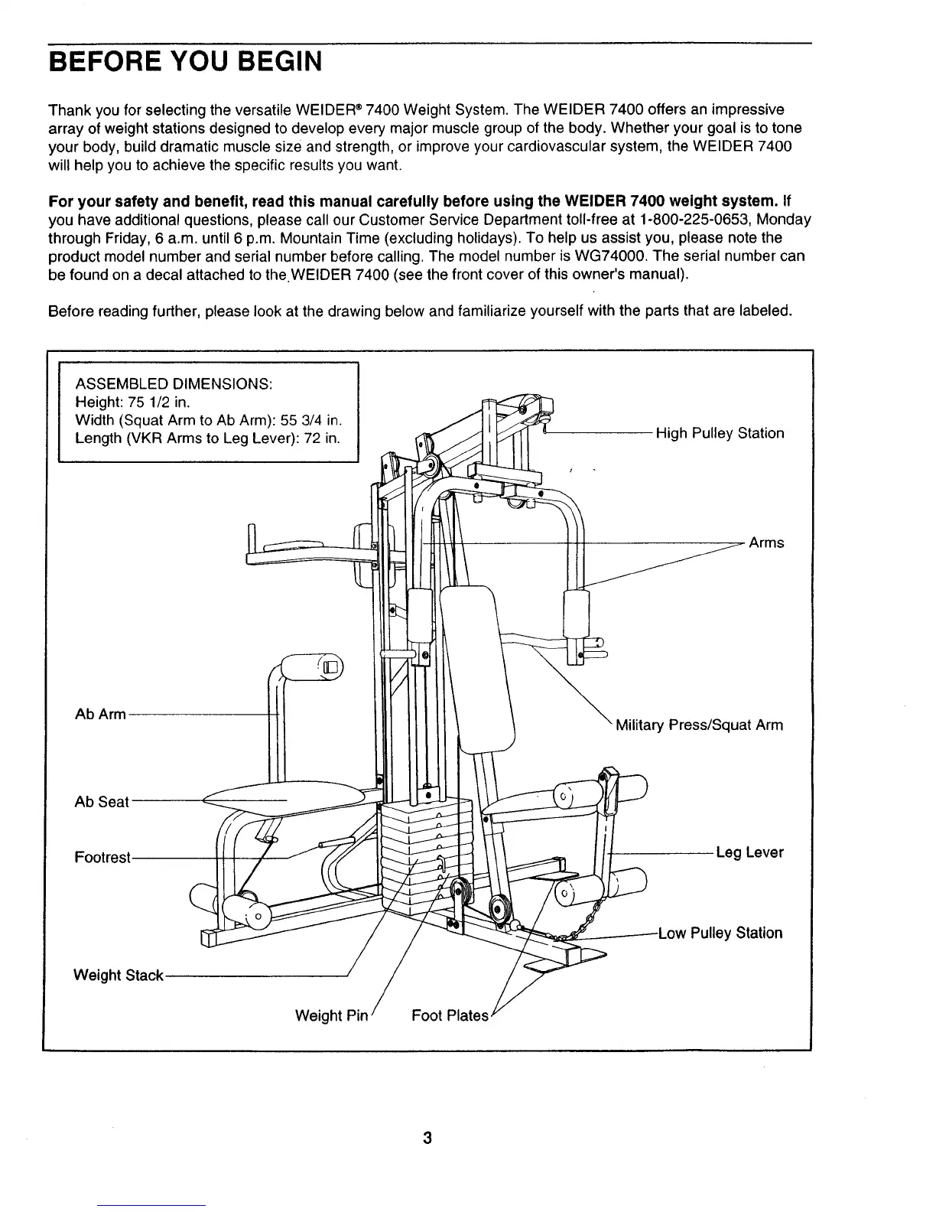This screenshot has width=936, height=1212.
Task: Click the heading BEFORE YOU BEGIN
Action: [x=184, y=60]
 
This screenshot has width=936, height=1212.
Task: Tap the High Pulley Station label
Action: [x=720, y=434]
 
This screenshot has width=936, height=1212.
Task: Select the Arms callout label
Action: [x=766, y=543]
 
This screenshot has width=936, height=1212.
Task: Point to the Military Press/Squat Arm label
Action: [x=699, y=725]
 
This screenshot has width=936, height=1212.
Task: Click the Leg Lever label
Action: [x=749, y=852]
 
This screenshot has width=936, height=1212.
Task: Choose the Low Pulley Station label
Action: [x=720, y=933]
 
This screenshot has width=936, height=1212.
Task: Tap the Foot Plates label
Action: [x=449, y=1016]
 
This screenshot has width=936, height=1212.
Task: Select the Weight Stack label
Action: [x=118, y=976]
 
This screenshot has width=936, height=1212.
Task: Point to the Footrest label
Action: [x=102, y=857]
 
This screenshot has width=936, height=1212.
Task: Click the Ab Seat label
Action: [x=102, y=803]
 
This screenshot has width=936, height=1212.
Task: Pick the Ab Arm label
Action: [x=100, y=715]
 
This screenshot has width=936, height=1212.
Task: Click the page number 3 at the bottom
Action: [x=427, y=1138]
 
